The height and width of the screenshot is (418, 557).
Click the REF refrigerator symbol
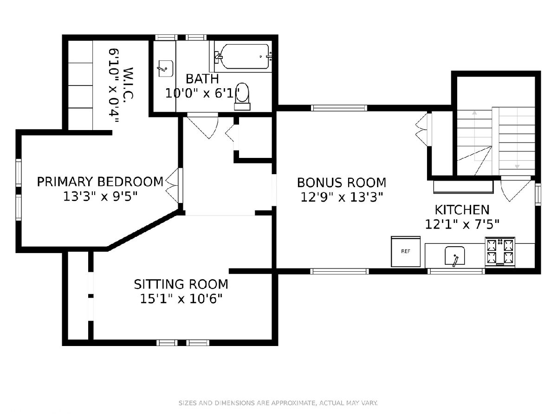406,251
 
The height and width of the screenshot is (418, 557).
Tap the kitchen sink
455,255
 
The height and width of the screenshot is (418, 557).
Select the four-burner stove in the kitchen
500,252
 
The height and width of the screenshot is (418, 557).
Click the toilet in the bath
242,97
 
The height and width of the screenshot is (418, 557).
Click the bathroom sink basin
166,69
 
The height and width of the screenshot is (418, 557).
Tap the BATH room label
202,79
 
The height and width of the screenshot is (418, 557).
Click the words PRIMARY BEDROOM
100,182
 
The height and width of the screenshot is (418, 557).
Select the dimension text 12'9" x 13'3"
342,197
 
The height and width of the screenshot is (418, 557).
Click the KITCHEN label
462,209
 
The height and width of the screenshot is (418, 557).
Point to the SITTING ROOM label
181,284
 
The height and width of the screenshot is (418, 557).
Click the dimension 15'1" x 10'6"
181,299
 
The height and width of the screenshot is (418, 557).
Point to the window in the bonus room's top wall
339,108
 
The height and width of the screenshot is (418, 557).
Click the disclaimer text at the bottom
278,403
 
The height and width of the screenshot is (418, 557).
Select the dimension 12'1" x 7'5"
462,224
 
